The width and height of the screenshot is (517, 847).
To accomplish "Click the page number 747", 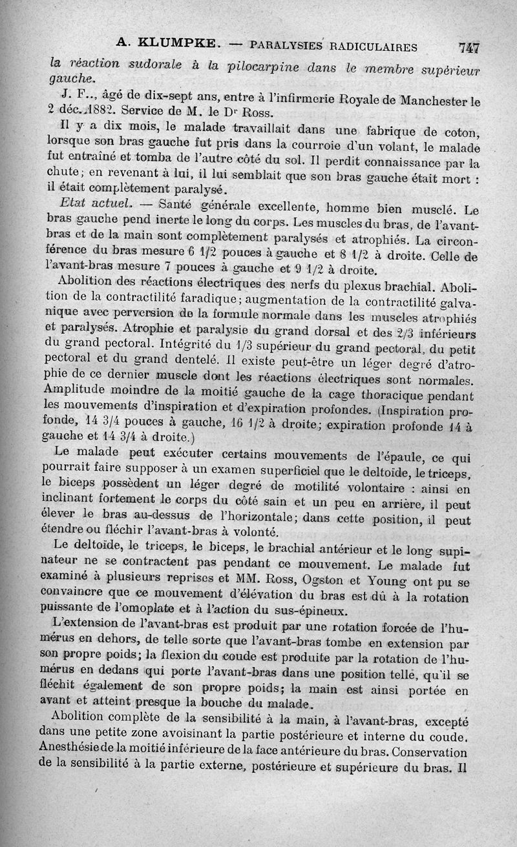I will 469,47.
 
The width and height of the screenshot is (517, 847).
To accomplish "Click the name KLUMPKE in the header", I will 170,45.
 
